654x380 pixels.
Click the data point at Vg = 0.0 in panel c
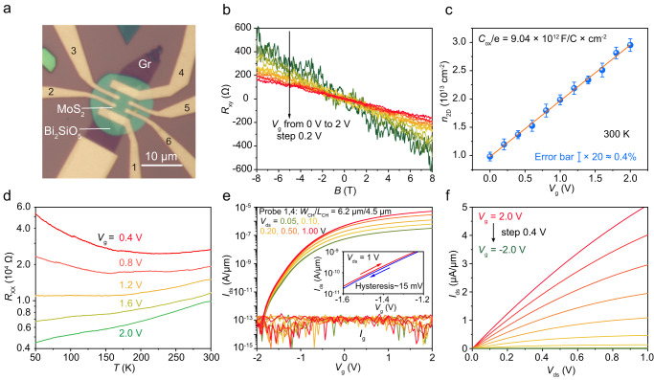[490, 156]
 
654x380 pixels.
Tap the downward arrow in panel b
[289, 62]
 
